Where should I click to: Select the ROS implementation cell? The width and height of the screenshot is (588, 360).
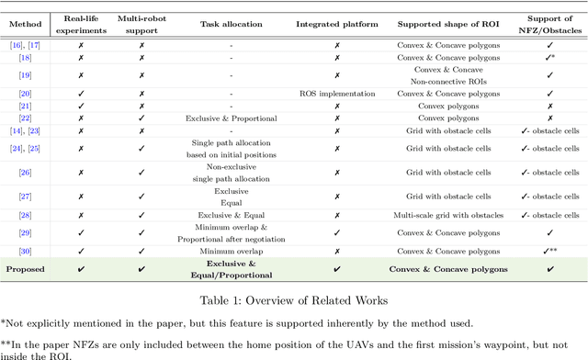tap(336, 93)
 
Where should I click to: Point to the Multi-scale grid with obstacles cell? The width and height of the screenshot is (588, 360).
tap(450, 215)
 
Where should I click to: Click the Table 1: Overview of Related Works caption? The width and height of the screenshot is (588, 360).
tap(293, 298)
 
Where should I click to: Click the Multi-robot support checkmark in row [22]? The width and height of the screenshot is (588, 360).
tap(141, 118)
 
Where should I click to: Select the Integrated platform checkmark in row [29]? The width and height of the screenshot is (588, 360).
tap(336, 231)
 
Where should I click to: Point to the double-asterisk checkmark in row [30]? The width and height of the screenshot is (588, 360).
tap(550, 250)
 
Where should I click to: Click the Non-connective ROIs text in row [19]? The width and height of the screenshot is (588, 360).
tap(450, 80)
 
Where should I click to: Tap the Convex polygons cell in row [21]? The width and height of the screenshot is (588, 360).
tap(450, 106)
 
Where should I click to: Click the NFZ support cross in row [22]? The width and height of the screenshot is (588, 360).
tap(550, 118)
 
